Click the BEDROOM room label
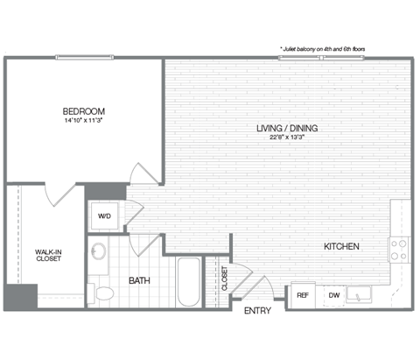pos(84,111)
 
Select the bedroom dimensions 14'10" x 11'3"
pos(84,121)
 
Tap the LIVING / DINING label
pos(286,129)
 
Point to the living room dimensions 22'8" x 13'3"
pos(286,138)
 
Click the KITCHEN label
pos(342,247)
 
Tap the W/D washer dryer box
pos(103,215)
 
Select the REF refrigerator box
pos(303,295)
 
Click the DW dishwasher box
pos(333,295)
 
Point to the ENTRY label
pos(257,311)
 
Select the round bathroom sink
pos(99,251)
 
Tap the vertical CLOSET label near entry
pos(225,279)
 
